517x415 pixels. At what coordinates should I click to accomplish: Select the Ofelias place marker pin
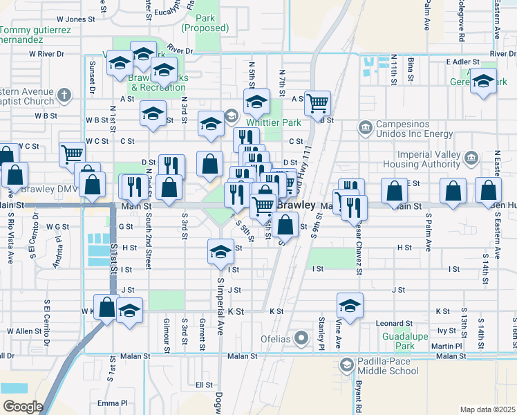coord(301,338)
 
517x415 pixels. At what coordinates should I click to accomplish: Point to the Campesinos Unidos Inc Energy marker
coord(364,127)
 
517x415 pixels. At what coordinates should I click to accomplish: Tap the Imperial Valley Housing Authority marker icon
coord(471,158)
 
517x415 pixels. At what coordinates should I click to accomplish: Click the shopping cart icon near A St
coord(317,104)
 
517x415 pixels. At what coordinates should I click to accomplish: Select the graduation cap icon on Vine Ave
coord(350,305)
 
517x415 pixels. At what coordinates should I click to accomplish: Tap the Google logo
coord(23,407)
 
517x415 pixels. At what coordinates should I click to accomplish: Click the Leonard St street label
coord(395,323)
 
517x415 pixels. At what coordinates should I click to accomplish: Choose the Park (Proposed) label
coord(205,23)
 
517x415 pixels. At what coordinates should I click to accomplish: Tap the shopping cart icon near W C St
coord(72,154)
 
